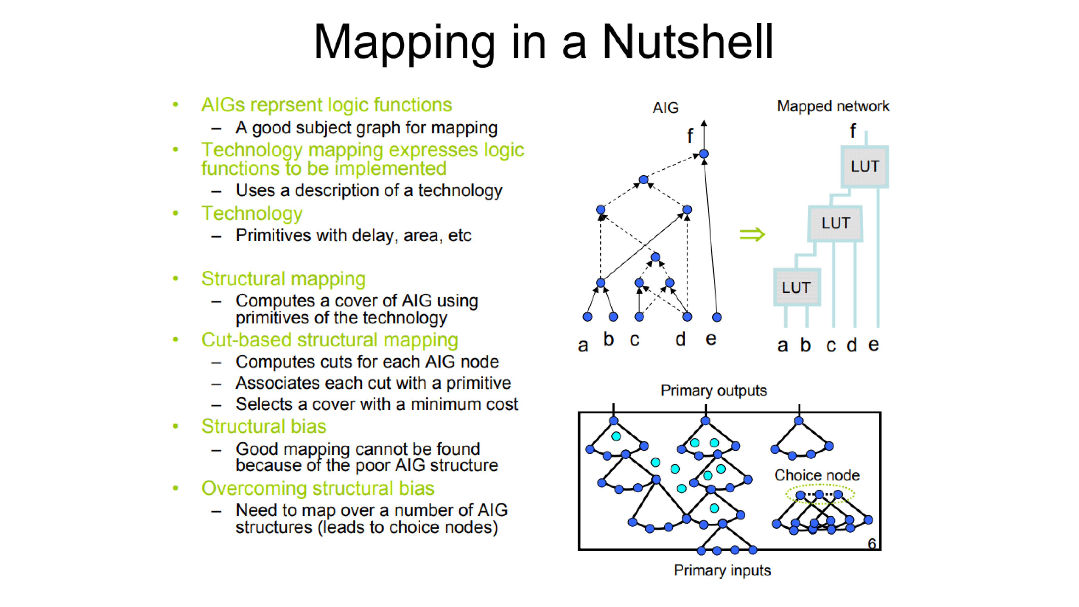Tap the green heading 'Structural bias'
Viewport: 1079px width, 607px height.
click(264, 427)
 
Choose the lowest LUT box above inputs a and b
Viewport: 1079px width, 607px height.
click(796, 287)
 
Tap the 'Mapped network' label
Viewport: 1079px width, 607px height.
click(833, 106)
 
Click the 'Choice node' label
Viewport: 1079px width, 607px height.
click(817, 475)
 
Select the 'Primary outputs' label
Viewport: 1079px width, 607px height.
click(714, 390)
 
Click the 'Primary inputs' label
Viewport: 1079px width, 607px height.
click(722, 570)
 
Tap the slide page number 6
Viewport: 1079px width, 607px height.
click(872, 544)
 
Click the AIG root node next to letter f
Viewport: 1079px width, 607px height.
click(704, 154)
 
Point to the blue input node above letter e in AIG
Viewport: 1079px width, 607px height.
click(717, 317)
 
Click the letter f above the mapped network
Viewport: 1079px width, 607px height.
click(853, 131)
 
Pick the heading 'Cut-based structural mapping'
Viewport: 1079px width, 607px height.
click(330, 340)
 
